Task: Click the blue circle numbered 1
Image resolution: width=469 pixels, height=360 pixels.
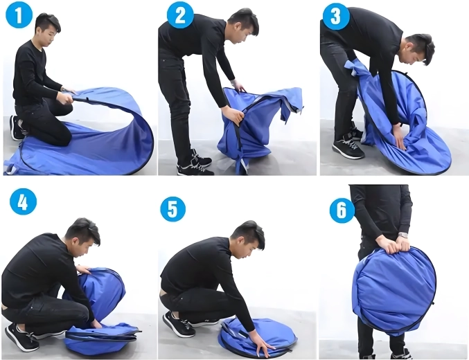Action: pos(19,15)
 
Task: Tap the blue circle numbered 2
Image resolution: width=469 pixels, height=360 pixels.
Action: pos(180,15)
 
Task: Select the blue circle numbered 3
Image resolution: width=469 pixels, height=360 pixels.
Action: pos(335,16)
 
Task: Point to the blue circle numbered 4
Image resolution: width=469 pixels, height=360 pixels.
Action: pos(23,201)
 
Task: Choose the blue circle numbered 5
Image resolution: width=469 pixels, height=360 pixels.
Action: pos(172,209)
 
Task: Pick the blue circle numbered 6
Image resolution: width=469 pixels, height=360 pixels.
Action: pos(342,210)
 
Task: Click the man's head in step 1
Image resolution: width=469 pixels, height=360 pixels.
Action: pos(47,30)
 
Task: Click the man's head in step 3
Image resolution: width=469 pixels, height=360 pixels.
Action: pos(417,49)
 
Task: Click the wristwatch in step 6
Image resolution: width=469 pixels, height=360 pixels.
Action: pos(403,235)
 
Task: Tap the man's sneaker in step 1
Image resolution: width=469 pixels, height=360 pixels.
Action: pos(17,127)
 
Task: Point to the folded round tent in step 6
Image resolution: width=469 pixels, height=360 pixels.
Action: pos(393,291)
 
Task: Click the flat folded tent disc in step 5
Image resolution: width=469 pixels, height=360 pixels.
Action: pos(257,337)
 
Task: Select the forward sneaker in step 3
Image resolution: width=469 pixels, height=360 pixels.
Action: pos(348,147)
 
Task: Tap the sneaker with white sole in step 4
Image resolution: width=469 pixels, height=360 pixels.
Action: pos(21,337)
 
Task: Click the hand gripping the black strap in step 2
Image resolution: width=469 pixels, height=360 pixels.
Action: pos(233,116)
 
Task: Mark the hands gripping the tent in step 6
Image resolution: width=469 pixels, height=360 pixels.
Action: pos(392,244)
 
